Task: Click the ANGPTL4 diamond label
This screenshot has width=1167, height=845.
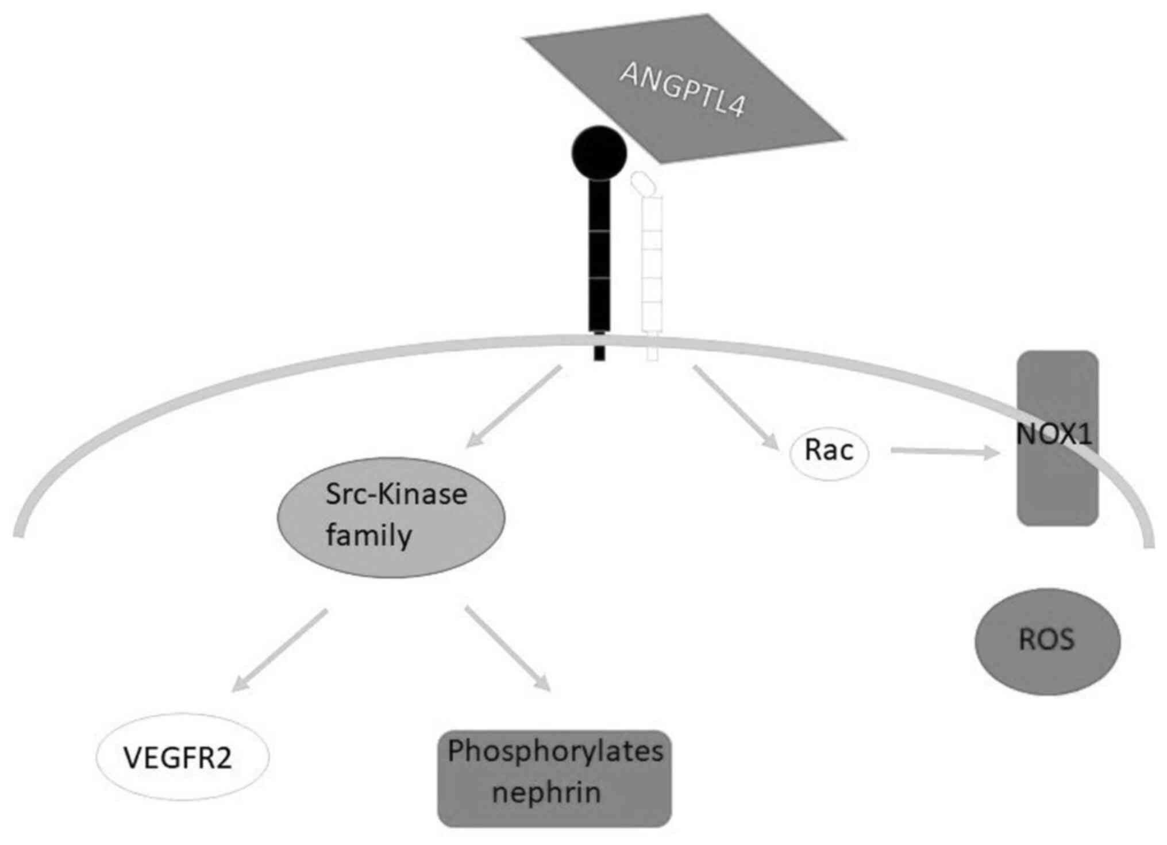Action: [x=683, y=90]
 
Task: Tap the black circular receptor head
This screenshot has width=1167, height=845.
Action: [x=599, y=152]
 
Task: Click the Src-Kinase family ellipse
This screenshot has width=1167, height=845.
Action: [x=391, y=517]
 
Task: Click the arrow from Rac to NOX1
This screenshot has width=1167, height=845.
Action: [x=945, y=452]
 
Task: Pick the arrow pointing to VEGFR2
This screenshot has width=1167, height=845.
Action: [x=279, y=650]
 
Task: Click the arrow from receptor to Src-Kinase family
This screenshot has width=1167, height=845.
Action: [x=513, y=406]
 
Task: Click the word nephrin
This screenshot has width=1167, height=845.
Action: [x=546, y=793]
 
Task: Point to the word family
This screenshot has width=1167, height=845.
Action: [x=369, y=536]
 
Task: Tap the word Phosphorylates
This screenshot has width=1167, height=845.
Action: [x=555, y=751]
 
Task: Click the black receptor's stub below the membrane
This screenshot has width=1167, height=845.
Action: [x=599, y=349]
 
